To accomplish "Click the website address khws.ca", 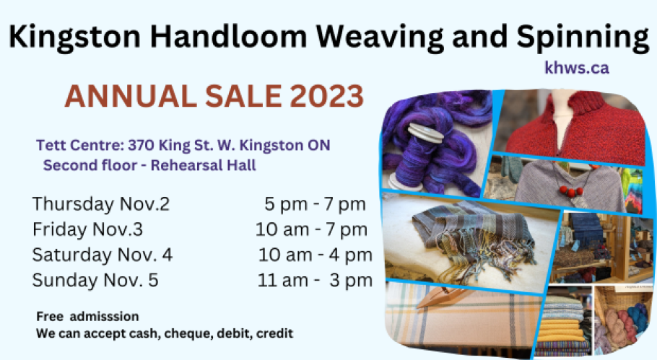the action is (577, 67).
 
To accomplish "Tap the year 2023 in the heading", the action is (326, 96).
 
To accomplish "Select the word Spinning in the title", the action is (583, 38).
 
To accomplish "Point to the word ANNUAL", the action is (131, 96).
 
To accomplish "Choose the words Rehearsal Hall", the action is (203, 165).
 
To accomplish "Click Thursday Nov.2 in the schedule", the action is (101, 204).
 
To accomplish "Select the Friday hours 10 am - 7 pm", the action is (311, 229).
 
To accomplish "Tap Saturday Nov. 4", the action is (103, 255).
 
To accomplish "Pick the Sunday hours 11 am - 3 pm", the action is (315, 280).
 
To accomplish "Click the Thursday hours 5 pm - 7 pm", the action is (315, 204).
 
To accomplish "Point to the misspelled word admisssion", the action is (105, 316).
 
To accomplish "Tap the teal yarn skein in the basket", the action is (635, 315).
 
